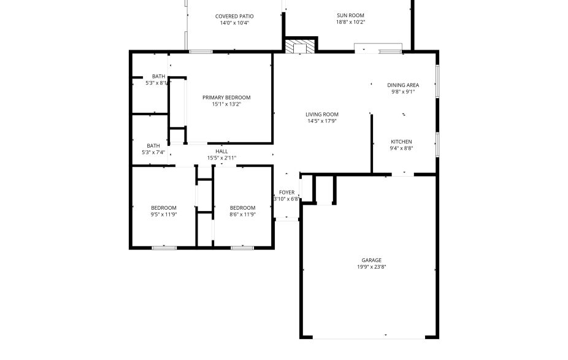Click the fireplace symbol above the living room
click(300, 47)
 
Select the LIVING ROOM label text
click(322, 114)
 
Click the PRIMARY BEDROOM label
click(226, 98)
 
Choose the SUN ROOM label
click(350, 15)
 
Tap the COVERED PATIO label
click(234, 16)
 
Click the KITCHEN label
click(401, 142)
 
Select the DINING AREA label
click(403, 85)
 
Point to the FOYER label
click(286, 192)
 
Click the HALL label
click(221, 151)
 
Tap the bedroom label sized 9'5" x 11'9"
click(164, 208)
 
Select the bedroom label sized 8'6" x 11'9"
click(242, 208)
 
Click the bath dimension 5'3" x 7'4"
click(153, 152)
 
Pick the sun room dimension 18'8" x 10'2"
click(350, 22)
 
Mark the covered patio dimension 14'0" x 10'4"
click(234, 23)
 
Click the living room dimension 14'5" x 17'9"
click(322, 121)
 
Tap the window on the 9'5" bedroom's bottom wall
click(164, 247)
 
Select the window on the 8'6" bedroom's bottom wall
click(242, 247)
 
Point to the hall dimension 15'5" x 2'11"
click(221, 158)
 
